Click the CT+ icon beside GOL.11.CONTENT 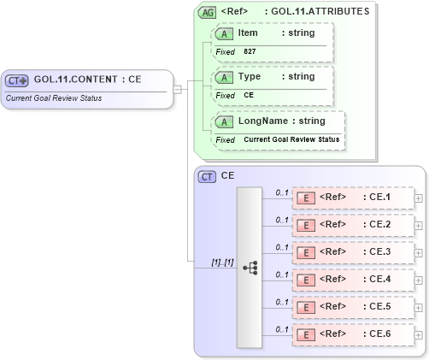point(18,80)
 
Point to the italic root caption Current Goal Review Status point(53,97)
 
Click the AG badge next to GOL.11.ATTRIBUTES point(207,12)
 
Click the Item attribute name point(248,32)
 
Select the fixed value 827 point(250,52)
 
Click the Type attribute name point(249,76)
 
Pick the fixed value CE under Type point(249,95)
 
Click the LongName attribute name point(262,121)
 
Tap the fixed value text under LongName point(291,139)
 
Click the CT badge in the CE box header point(207,176)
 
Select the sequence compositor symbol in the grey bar point(250,267)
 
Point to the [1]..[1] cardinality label point(222,262)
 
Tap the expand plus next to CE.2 point(418,225)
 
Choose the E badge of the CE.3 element point(303,252)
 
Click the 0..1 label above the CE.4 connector point(281,274)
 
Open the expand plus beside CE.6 point(418,334)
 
